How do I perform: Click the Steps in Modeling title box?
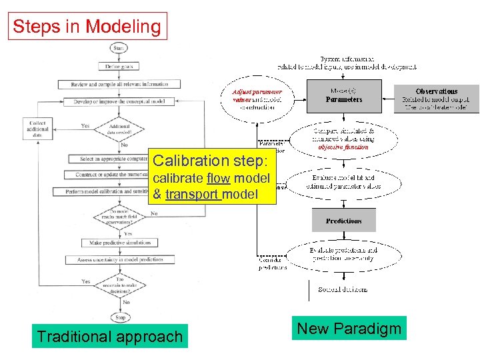[x=87, y=27]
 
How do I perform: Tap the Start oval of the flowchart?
[x=119, y=48]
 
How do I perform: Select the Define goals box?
[x=119, y=66]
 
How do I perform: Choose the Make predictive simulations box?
[x=120, y=243]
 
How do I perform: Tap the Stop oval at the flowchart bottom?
[x=121, y=317]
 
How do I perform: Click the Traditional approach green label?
[x=110, y=337]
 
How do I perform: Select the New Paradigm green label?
[x=349, y=328]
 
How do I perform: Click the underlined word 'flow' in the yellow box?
[x=219, y=178]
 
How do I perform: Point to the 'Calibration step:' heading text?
[x=210, y=161]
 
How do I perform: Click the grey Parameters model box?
[x=344, y=95]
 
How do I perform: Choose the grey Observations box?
[x=437, y=99]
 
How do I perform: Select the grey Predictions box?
[x=344, y=221]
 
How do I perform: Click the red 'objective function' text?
[x=345, y=147]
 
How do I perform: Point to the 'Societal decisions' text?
[x=343, y=289]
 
